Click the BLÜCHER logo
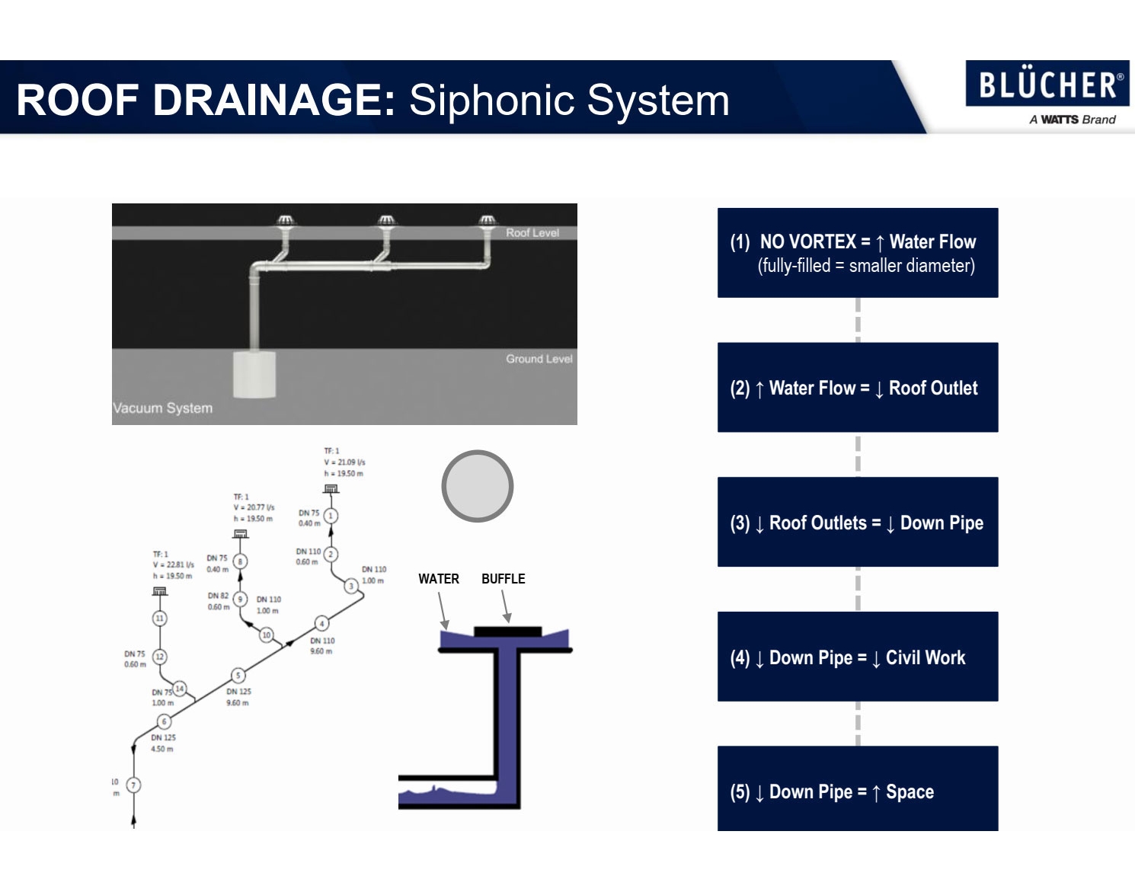click(x=1047, y=84)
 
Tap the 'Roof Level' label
click(x=532, y=233)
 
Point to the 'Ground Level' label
click(x=539, y=359)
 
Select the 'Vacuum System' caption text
click(x=163, y=408)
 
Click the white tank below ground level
click(x=254, y=374)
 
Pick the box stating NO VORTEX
click(x=857, y=253)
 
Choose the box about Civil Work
click(x=857, y=657)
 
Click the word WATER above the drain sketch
click(x=439, y=579)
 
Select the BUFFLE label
click(x=503, y=579)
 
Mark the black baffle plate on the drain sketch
click(x=507, y=631)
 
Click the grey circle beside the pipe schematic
click(x=478, y=486)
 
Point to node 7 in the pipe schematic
click(x=133, y=785)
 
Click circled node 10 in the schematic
click(x=266, y=635)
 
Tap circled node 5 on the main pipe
click(x=238, y=675)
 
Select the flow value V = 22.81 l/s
click(x=174, y=565)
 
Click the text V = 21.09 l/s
click(x=344, y=462)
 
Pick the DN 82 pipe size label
click(x=218, y=596)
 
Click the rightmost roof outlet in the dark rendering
click(x=488, y=222)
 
